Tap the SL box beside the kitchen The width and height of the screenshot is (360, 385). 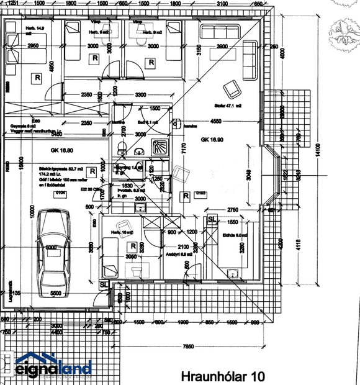(x=212, y=220)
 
